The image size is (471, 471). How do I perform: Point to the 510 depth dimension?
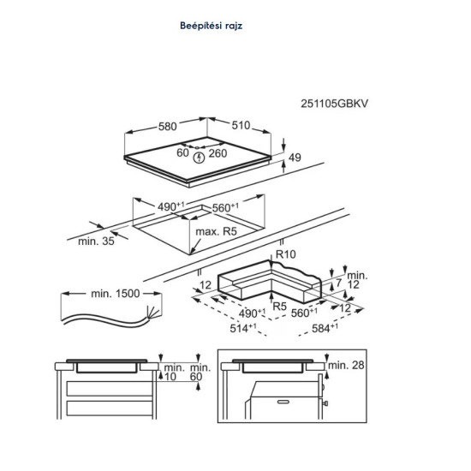tap(242, 127)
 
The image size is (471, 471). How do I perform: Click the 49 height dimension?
tap(295, 157)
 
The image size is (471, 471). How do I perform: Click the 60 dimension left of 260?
tap(182, 153)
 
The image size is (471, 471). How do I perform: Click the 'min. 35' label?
tap(95, 242)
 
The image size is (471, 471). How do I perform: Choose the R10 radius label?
tap(284, 255)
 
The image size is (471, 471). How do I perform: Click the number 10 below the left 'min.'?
tap(171, 377)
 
